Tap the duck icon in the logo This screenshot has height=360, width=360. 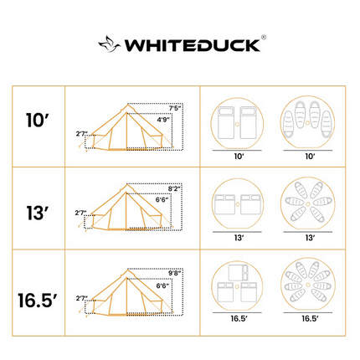pos(110,44)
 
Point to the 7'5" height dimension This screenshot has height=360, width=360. pos(175,108)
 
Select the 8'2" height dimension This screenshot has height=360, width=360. pos(175,189)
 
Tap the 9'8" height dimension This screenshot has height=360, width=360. pos(175,271)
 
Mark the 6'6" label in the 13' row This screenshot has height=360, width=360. pos(166,201)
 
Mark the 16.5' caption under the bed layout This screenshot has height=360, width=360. pos(238,320)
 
